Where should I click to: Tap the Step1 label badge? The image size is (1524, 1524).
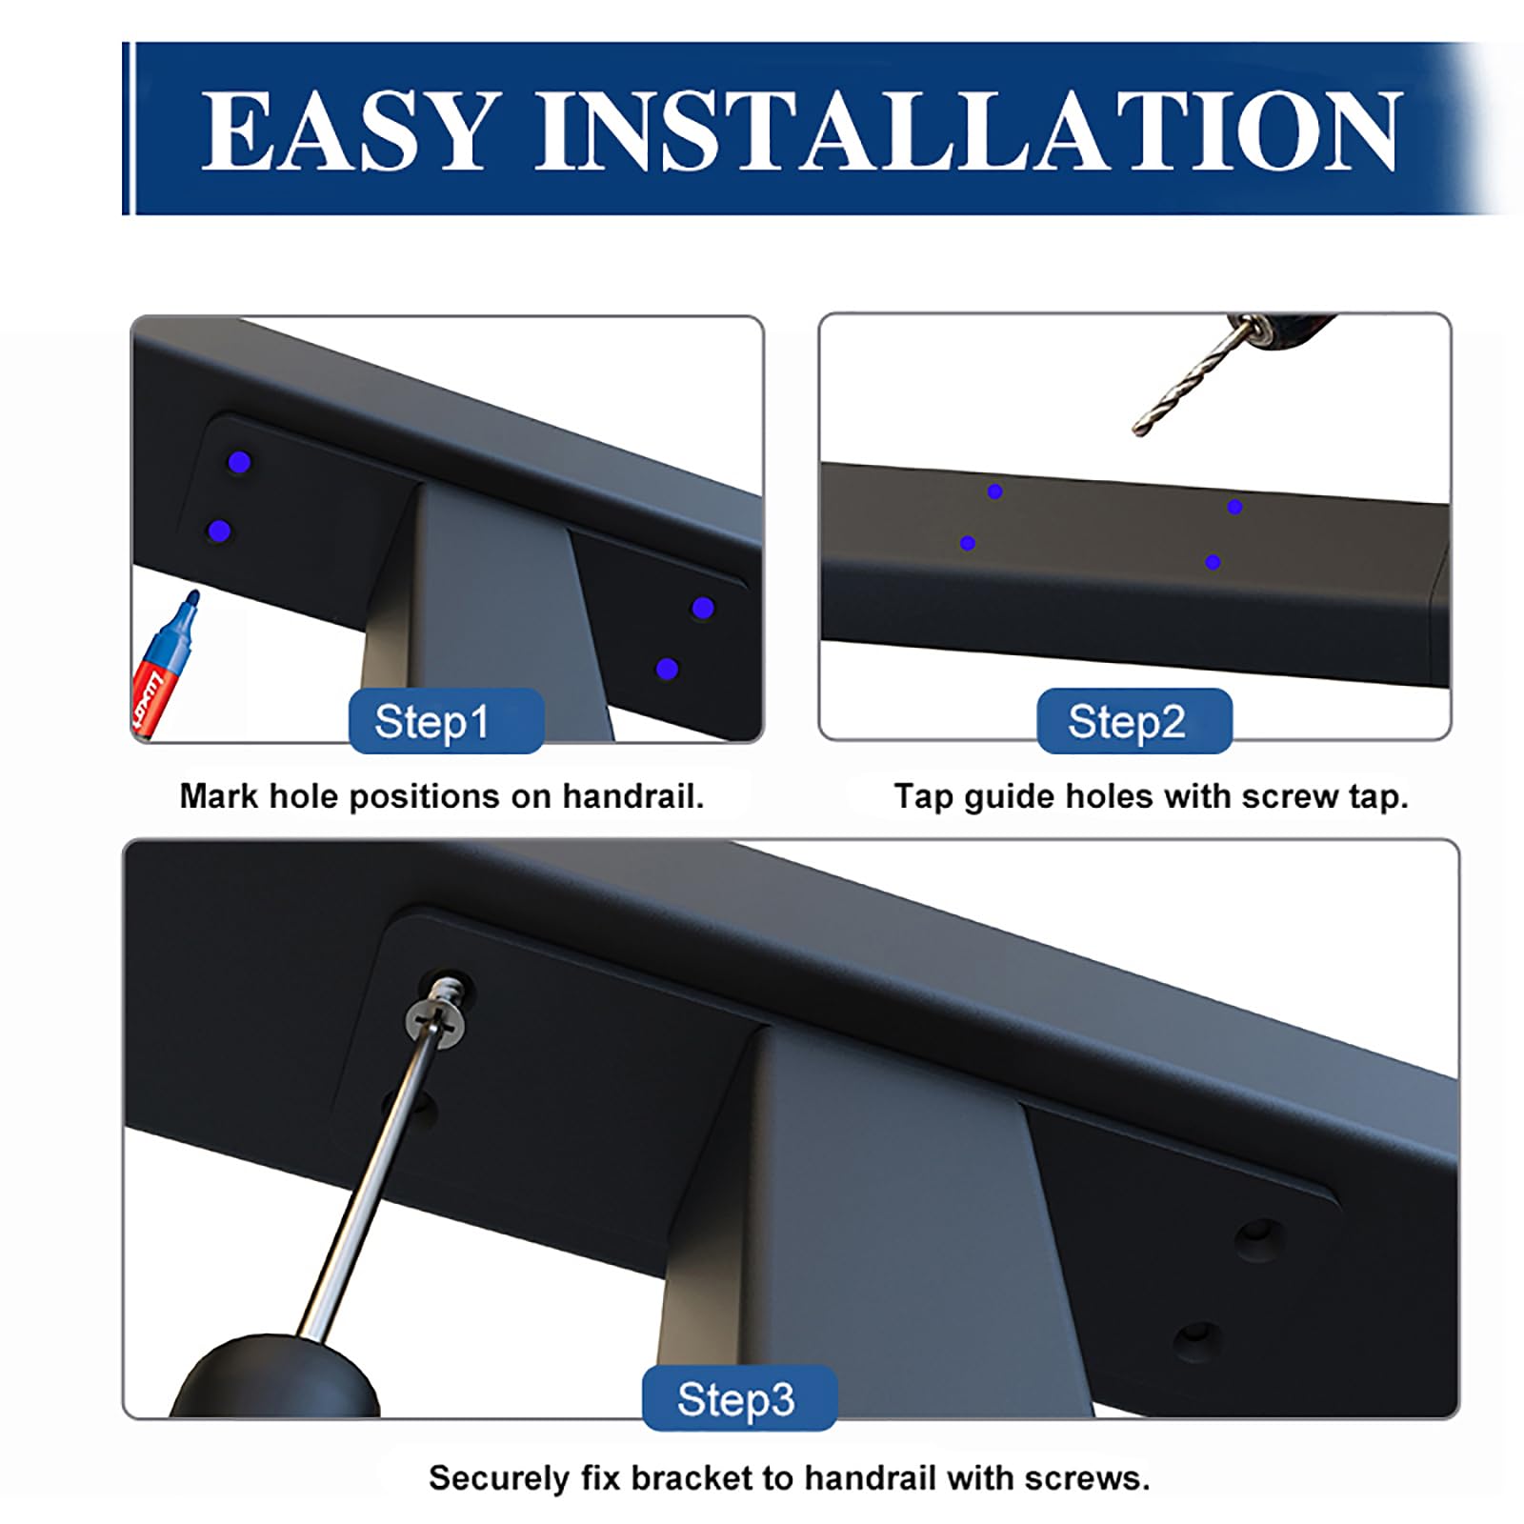tap(447, 721)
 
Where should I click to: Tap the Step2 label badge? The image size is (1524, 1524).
tap(1134, 721)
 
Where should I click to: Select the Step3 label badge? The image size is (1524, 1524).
tap(739, 1398)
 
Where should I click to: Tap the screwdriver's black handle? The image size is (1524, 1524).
tap(277, 1376)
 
